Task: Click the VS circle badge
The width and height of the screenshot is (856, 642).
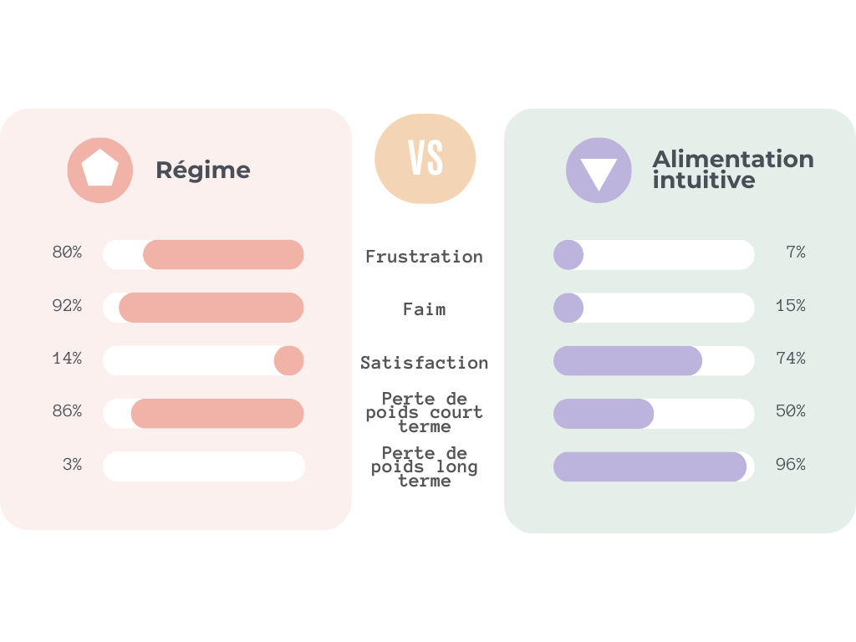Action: point(425,159)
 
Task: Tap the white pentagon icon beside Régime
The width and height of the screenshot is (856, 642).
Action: point(100,169)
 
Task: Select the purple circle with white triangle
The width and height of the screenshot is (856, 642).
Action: point(599,171)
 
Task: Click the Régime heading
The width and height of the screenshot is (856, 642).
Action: point(203,171)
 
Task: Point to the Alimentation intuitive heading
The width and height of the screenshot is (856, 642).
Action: point(732,170)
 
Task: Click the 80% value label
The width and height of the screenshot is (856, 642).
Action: point(67,252)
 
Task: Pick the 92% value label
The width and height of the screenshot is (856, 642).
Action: point(67,306)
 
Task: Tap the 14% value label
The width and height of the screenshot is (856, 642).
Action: point(67,359)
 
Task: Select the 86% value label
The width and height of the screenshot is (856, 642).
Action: point(67,411)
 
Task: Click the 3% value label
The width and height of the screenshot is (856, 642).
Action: point(72,465)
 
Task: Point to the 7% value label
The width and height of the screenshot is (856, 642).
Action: point(795,252)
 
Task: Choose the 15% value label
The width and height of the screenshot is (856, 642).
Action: point(790,306)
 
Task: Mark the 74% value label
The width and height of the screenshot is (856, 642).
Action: point(790,359)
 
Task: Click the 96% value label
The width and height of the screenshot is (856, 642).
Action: point(790,465)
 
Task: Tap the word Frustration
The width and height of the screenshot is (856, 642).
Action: point(424,257)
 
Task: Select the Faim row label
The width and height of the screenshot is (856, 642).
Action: point(424,309)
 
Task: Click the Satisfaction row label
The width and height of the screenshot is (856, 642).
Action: point(424,363)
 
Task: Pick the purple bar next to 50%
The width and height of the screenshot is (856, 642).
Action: point(604,414)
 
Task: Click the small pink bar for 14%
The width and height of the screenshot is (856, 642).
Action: point(289,360)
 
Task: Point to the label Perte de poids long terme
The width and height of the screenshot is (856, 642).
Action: point(424,466)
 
